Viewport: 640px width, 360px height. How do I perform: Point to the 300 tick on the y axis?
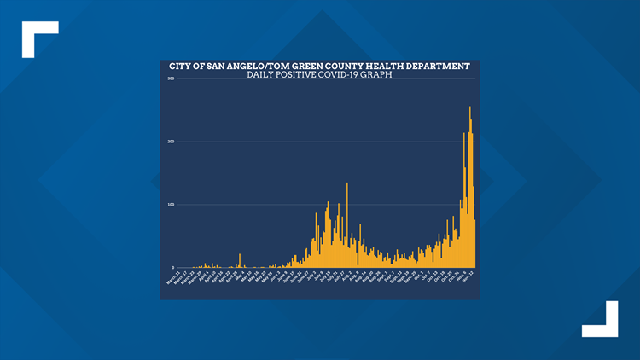click(171, 79)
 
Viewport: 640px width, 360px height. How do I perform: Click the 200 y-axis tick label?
click(171, 142)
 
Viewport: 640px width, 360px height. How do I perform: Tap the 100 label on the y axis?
click(171, 205)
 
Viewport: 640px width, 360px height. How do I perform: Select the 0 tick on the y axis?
click(173, 267)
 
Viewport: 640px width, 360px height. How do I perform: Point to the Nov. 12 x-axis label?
click(469, 276)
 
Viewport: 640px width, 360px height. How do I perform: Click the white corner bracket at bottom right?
click(602, 321)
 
